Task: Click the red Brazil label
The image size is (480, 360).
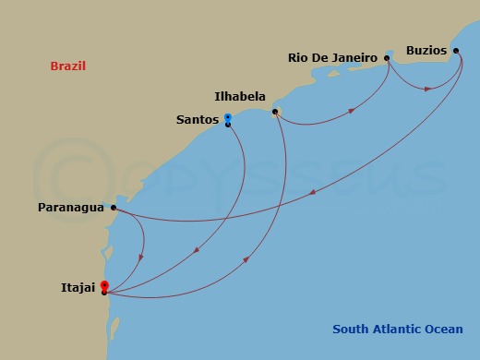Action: tap(69, 66)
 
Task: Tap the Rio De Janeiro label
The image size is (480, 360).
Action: tap(332, 57)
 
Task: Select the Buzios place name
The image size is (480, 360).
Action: tap(426, 50)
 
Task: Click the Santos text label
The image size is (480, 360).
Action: tap(197, 119)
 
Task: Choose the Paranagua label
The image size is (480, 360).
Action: tap(70, 208)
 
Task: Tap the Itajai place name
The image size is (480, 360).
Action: tap(78, 289)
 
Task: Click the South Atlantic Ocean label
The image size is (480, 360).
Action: tap(398, 329)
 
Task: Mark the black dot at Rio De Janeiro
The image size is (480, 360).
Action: tap(387, 58)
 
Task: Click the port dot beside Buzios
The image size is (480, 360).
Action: tap(456, 51)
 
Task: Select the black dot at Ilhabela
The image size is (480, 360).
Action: tap(275, 112)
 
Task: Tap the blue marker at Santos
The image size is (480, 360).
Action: tap(227, 117)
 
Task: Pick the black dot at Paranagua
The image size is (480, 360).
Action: tap(114, 208)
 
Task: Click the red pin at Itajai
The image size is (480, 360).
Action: tap(104, 286)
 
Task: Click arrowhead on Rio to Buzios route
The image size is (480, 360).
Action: tap(428, 89)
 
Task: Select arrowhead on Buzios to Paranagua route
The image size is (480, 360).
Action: tap(313, 192)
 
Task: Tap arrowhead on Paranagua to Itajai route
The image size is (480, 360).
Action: tap(140, 258)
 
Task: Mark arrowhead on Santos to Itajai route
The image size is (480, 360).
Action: tap(198, 249)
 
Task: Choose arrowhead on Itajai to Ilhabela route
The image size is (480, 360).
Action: tap(247, 259)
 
